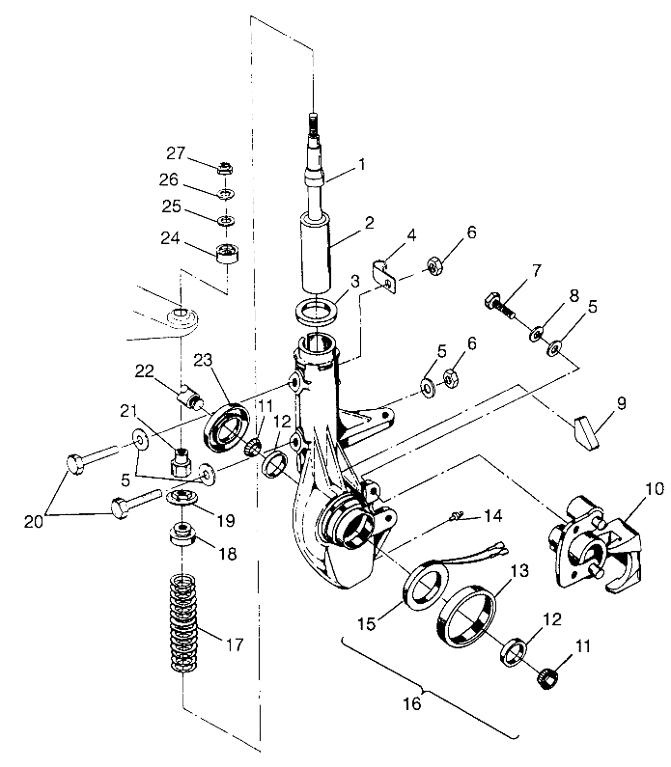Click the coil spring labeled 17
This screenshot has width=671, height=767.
(184, 622)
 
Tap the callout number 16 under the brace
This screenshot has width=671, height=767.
(412, 703)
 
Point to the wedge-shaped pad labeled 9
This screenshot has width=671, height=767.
(586, 432)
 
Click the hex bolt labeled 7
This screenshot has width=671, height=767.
(500, 306)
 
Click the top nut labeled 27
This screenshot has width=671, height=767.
(225, 168)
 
